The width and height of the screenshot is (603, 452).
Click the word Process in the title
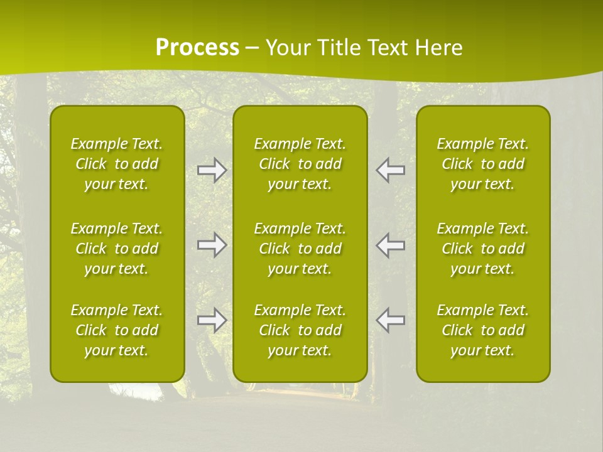click(197, 48)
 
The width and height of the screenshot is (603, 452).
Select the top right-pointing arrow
click(212, 170)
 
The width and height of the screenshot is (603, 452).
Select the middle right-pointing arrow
click(212, 245)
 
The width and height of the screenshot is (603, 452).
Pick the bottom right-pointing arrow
click(212, 320)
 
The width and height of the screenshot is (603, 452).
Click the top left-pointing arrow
click(390, 170)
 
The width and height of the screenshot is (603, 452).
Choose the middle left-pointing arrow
click(390, 245)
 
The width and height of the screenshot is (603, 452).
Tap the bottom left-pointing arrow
click(390, 320)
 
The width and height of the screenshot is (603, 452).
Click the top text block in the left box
click(117, 164)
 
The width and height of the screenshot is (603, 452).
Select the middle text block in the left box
click(117, 249)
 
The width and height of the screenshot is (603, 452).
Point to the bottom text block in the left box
click(117, 330)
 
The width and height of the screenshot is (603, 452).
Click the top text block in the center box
click(300, 164)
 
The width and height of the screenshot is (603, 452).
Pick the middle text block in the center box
click(300, 249)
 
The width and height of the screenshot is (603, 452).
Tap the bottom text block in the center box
click(300, 330)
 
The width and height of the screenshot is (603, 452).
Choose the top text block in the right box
click(483, 164)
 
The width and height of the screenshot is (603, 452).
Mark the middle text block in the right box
click(483, 249)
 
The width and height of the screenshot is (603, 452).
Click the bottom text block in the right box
click(483, 330)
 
